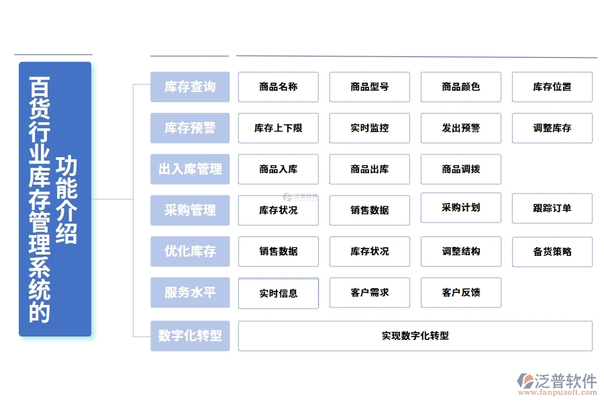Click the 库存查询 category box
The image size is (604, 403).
click(x=190, y=87)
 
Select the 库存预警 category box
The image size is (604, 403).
click(x=190, y=128)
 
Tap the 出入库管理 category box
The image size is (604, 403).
click(x=190, y=169)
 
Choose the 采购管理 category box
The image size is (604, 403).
click(x=190, y=210)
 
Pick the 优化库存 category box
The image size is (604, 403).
click(x=190, y=252)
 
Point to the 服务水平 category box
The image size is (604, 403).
click(x=190, y=293)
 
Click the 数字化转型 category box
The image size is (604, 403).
click(x=190, y=335)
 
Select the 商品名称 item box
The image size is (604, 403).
click(x=279, y=87)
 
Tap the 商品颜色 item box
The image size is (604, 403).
click(x=461, y=87)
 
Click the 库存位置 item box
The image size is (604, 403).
click(x=552, y=87)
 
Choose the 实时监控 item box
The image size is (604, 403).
click(x=370, y=128)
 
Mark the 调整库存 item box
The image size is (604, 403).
click(x=552, y=128)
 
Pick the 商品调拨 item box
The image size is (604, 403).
click(x=461, y=169)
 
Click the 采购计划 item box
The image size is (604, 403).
click(x=461, y=208)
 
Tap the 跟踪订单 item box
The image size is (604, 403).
click(x=552, y=208)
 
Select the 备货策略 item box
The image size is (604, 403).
click(x=552, y=252)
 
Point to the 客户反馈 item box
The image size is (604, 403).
click(x=461, y=293)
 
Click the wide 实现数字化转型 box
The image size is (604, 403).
click(x=415, y=336)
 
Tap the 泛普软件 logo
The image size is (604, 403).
click(x=557, y=384)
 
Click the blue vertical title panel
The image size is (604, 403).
click(x=55, y=199)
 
